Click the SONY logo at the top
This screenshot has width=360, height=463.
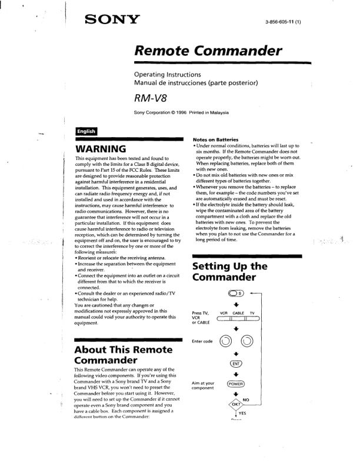click(112, 21)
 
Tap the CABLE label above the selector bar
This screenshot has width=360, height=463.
click(238, 313)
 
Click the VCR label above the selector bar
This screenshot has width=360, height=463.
click(223, 313)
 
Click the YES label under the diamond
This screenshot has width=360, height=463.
click(242, 413)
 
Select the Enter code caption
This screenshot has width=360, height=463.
click(202, 341)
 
